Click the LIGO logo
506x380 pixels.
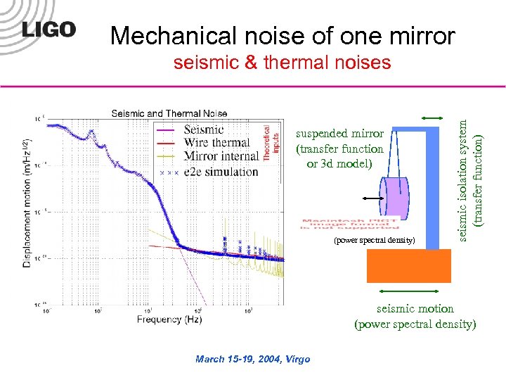48,30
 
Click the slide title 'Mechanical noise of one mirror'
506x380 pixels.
283,36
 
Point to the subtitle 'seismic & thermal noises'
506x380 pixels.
282,63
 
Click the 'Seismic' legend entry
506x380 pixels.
203,129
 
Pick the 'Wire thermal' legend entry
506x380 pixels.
216,144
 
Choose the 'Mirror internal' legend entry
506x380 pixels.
220,158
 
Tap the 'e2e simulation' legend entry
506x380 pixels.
220,172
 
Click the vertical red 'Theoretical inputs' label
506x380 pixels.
271,144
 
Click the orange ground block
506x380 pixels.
408,266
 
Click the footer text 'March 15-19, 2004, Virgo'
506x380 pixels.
252,360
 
